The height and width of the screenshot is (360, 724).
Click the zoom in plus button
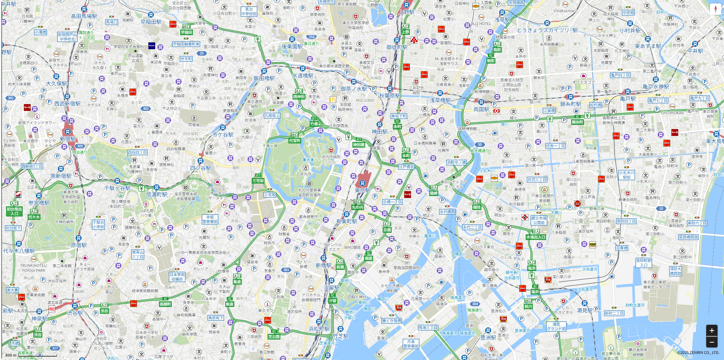tap(712, 330)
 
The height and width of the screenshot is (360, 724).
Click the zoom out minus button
tap(712, 342)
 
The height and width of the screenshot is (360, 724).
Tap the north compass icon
tap(715, 9)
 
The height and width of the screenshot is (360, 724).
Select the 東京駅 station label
tap(363, 190)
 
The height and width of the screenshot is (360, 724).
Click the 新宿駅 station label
tap(68, 139)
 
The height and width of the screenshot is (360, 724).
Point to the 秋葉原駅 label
tap(390, 96)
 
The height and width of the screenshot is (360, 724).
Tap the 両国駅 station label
tap(481, 109)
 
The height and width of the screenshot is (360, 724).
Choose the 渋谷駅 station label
tap(75, 313)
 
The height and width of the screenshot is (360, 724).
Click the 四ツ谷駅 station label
tap(201, 168)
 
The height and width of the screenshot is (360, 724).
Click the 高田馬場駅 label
tap(84, 16)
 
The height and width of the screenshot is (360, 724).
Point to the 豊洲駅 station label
tap(488, 337)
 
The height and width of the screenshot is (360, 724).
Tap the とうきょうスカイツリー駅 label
tap(547, 30)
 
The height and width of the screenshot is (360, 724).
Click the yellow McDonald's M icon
tap(333, 100)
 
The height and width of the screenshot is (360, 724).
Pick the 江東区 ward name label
tap(581, 221)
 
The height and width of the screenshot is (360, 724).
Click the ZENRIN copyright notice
tap(698, 353)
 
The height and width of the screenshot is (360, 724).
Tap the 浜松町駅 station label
tap(319, 329)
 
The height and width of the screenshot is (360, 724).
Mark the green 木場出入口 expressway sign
tap(536, 237)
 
